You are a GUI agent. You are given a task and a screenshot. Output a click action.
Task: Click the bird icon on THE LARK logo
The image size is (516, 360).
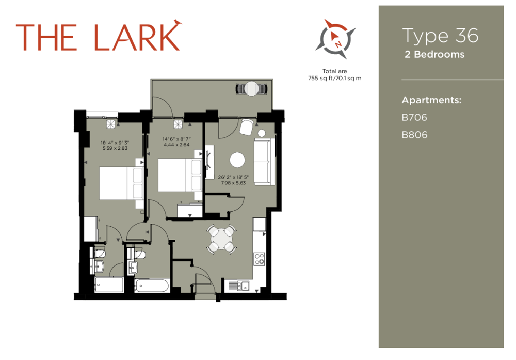pyautogui.click(x=178, y=22)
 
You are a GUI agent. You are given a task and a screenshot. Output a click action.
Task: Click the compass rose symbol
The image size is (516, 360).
pyautogui.click(x=336, y=39)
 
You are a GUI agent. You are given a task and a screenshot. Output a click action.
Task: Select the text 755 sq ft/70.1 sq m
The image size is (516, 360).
pyautogui.click(x=335, y=79)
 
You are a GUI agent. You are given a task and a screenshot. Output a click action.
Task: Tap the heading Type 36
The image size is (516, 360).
pyautogui.click(x=440, y=36)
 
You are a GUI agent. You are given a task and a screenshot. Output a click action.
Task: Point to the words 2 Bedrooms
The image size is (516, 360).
pyautogui.click(x=434, y=54)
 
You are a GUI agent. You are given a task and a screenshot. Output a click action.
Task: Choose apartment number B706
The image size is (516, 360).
pyautogui.click(x=414, y=118)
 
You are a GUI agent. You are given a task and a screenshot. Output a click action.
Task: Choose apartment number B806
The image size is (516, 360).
pyautogui.click(x=414, y=135)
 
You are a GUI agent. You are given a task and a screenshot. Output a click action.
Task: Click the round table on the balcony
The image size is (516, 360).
pyautogui.click(x=252, y=89)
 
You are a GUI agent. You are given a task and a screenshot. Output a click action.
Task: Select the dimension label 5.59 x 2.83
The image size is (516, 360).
pyautogui.click(x=115, y=148)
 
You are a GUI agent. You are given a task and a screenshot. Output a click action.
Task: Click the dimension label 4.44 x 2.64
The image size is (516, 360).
pyautogui.click(x=176, y=145)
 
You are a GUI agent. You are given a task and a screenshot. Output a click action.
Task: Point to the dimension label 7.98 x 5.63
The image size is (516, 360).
pyautogui.click(x=233, y=183)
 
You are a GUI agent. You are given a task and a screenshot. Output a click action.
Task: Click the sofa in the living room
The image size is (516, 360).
pyautogui.click(x=265, y=161)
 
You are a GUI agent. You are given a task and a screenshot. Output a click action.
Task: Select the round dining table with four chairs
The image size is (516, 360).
pyautogui.click(x=221, y=239)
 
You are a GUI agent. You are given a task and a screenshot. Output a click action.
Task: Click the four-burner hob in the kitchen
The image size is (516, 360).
pyautogui.click(x=260, y=259)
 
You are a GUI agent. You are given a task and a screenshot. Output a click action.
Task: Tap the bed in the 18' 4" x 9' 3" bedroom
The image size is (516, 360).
pyautogui.click(x=121, y=183)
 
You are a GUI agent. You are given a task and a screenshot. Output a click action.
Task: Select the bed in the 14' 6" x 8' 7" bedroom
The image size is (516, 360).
pyautogui.click(x=180, y=175)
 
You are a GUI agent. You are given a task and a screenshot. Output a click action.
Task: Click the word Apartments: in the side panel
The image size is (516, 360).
pyautogui.click(x=431, y=100)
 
